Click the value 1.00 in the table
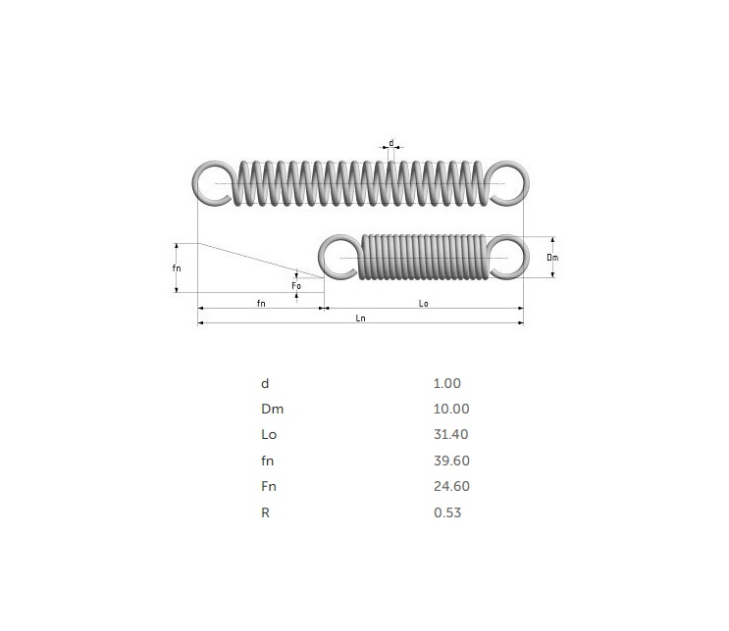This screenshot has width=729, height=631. coord(446,384)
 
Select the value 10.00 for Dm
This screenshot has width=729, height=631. coord(450,410)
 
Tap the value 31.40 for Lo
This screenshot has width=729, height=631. coord(449,435)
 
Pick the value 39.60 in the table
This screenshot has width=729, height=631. coord(449,461)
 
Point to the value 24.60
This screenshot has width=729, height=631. coord(449,486)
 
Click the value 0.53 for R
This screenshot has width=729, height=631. coord(446,511)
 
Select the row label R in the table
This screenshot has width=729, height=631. coord(265,511)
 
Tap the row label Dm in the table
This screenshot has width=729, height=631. coord(272,410)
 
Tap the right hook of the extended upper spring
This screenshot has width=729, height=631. coord(507,183)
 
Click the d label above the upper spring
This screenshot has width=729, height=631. coord(391,143)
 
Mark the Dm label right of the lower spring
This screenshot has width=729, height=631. coord(552,257)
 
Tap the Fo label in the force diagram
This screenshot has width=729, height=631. coord(296,285)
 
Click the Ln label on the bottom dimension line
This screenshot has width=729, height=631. coord(360,319)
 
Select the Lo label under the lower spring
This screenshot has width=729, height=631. coord(423,304)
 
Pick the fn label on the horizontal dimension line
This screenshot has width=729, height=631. coord(261,304)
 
